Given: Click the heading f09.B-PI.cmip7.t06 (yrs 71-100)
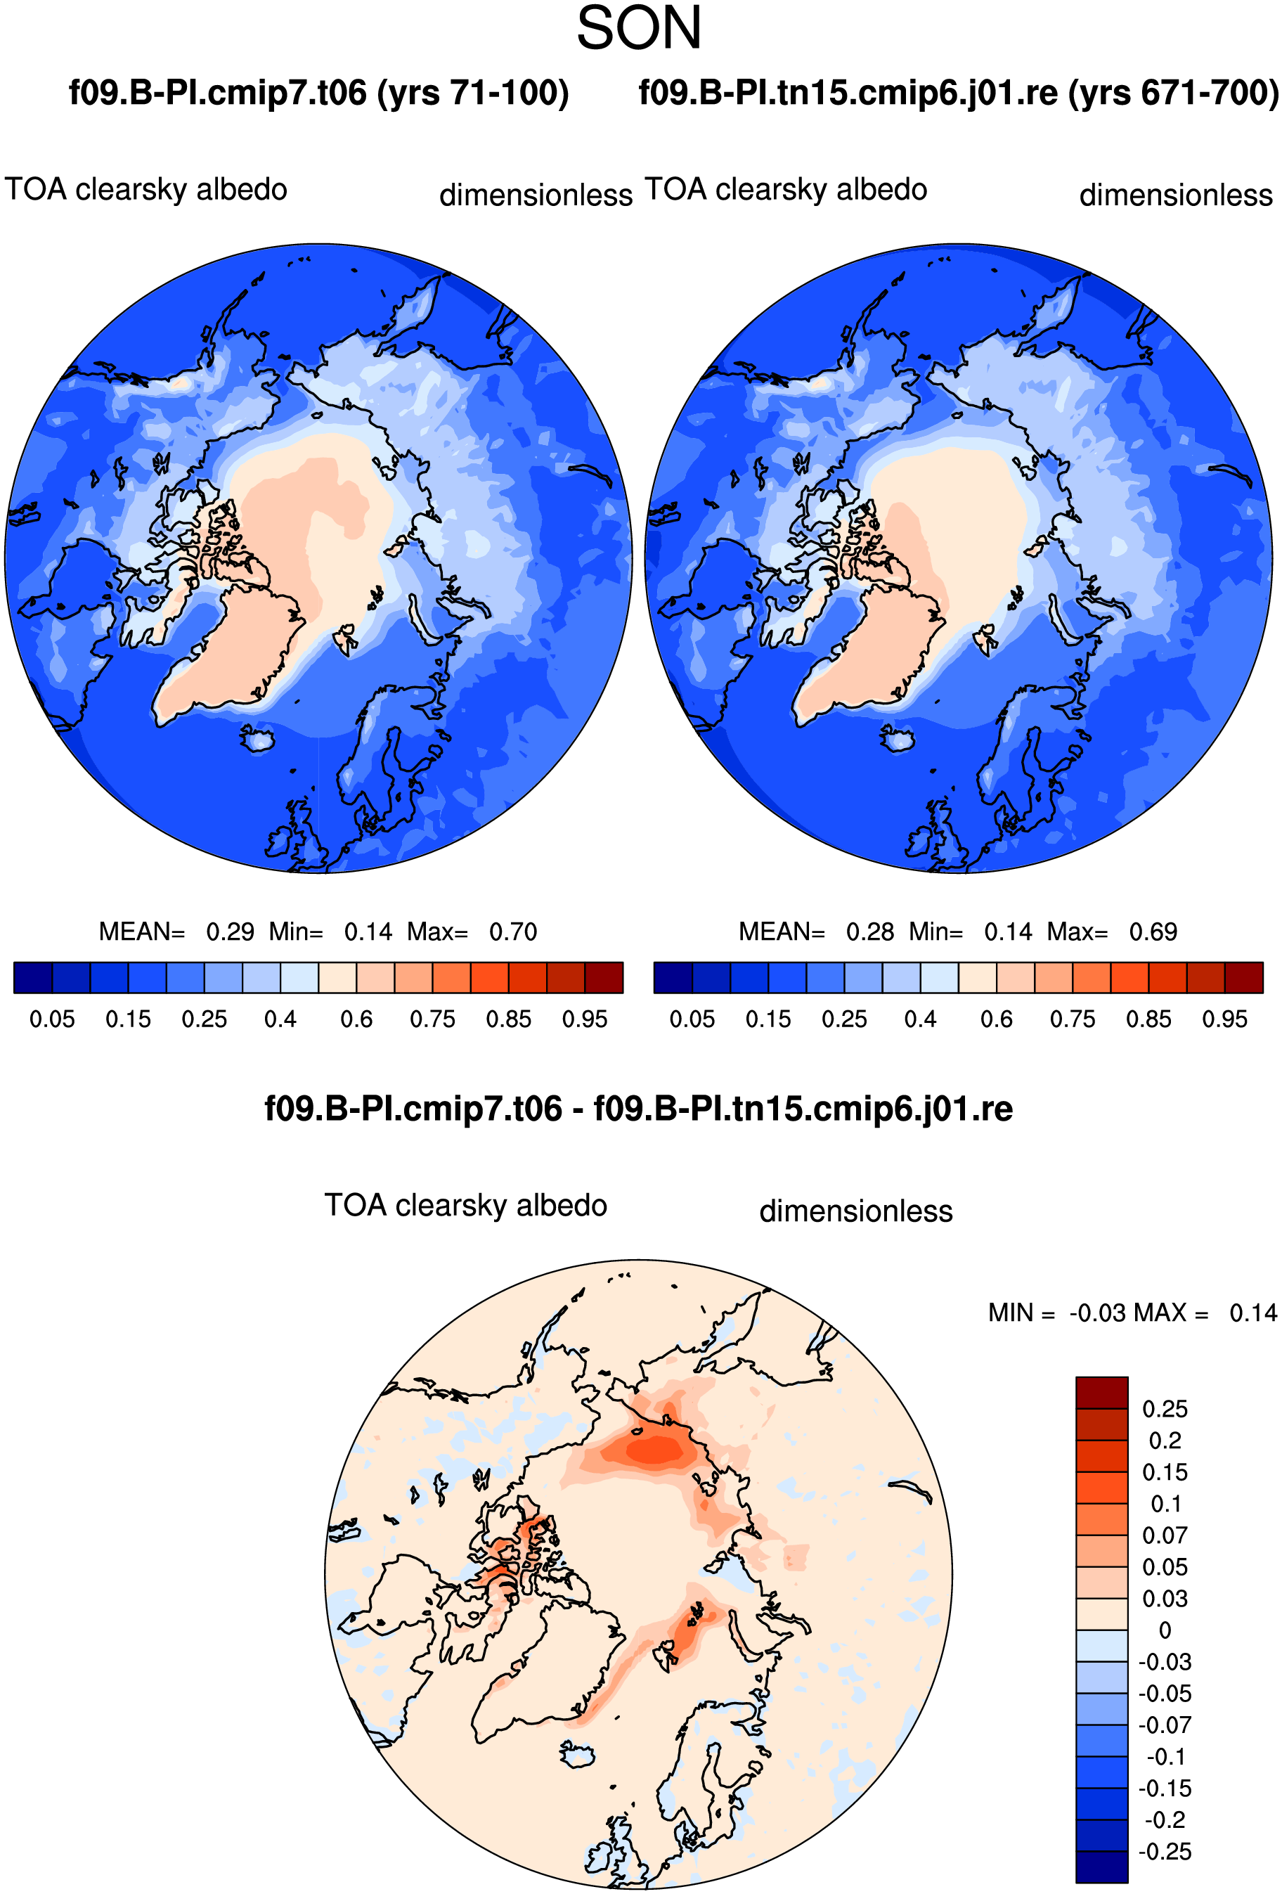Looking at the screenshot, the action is pos(318,93).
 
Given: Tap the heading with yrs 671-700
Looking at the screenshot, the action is pos(959,93).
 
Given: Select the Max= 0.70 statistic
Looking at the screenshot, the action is pos(472,932).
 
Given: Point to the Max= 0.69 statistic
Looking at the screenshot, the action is pos(1112,932).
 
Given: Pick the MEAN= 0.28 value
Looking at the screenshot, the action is pos(817,932).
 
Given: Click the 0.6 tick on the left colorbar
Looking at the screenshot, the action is pos(356,1019).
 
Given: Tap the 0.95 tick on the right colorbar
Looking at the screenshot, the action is pos(1225,1019).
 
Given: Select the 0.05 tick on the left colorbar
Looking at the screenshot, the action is pos(52,1019).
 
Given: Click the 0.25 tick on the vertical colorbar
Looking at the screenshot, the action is pos(1165,1409).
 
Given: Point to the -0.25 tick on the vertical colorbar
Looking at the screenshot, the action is pos(1165,1852).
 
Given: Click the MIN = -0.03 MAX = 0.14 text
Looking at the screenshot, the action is pos(1132,1313).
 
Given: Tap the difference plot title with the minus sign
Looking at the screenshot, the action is pos(638,1109).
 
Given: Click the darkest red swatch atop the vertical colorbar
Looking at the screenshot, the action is pos(1102,1393).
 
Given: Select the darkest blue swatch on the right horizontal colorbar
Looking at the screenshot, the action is pos(673,977).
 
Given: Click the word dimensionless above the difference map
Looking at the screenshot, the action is pos(856,1211).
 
